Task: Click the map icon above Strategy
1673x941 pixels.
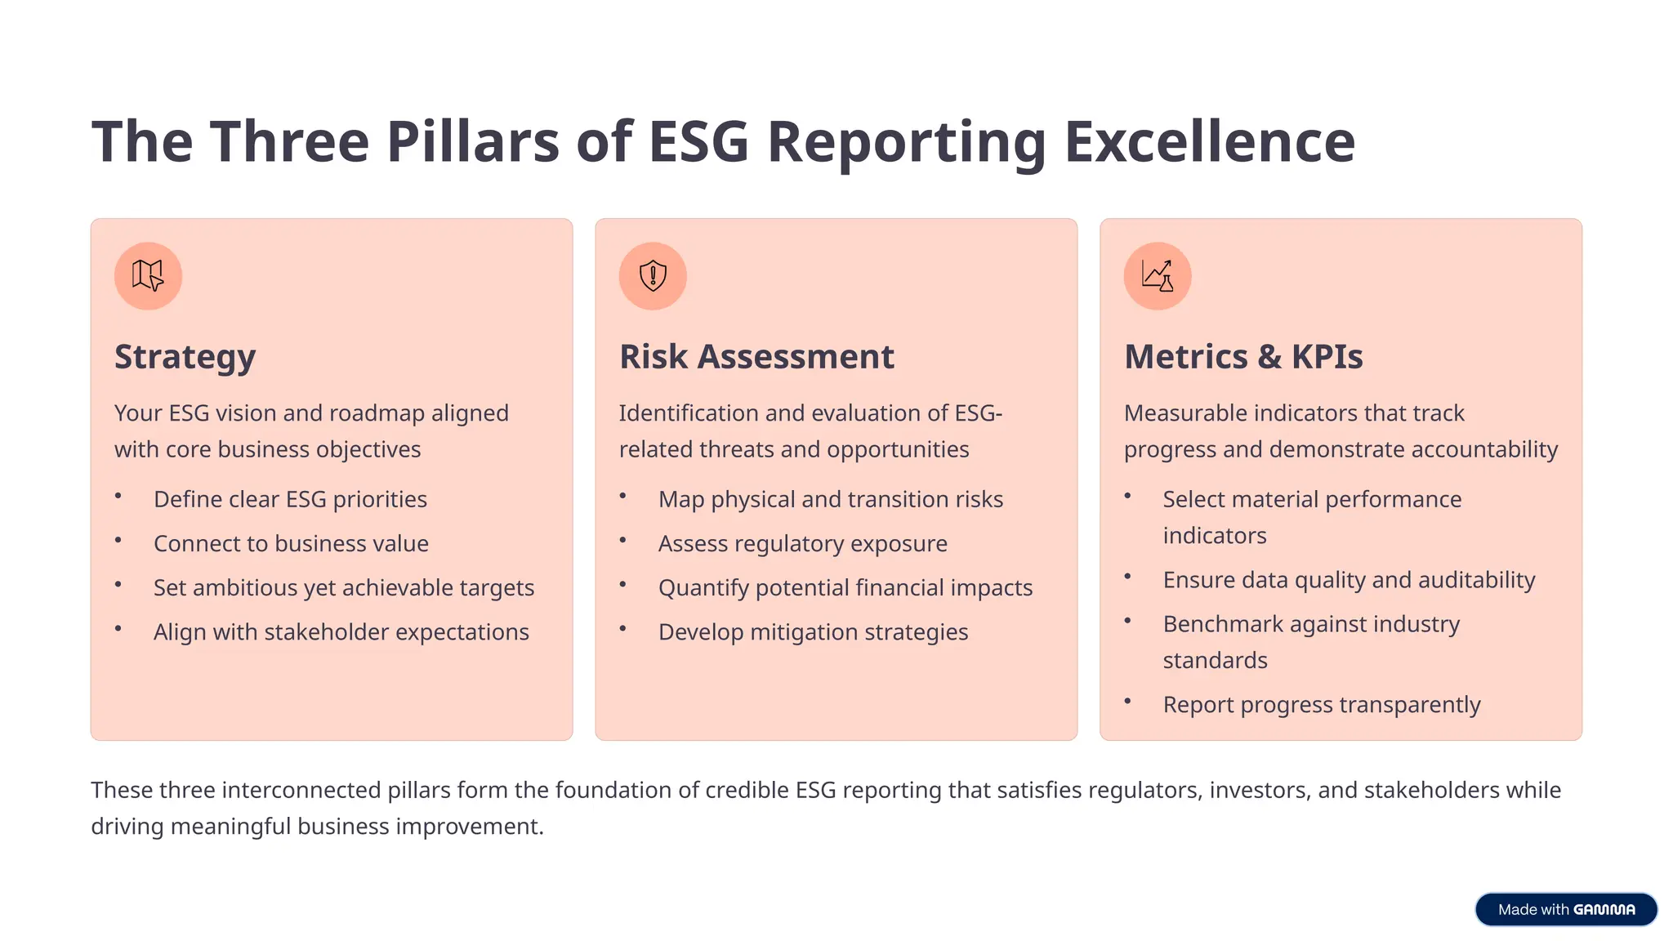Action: click(148, 276)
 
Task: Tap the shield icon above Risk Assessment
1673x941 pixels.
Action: click(653, 276)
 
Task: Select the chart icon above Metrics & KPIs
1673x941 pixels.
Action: click(1158, 276)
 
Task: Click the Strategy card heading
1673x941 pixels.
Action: click(185, 357)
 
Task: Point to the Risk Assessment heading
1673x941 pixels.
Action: click(756, 357)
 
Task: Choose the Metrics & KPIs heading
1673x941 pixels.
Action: click(1243, 357)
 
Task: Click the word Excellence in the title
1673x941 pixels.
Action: click(1209, 142)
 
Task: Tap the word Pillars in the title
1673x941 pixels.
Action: click(472, 142)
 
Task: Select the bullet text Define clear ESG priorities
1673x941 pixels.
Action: click(290, 499)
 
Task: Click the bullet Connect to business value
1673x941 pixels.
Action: click(291, 543)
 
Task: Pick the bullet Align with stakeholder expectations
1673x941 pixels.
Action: click(341, 631)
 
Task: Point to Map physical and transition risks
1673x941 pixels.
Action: click(830, 499)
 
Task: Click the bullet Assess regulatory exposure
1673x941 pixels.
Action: click(802, 543)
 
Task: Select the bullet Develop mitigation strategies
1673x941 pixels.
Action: click(813, 631)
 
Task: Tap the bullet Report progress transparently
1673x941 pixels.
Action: click(1321, 704)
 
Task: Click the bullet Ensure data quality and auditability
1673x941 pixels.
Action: click(1349, 579)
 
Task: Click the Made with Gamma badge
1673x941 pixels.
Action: click(1565, 909)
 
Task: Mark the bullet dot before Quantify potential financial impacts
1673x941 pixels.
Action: click(622, 584)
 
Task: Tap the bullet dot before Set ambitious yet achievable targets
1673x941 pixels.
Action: click(118, 584)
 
